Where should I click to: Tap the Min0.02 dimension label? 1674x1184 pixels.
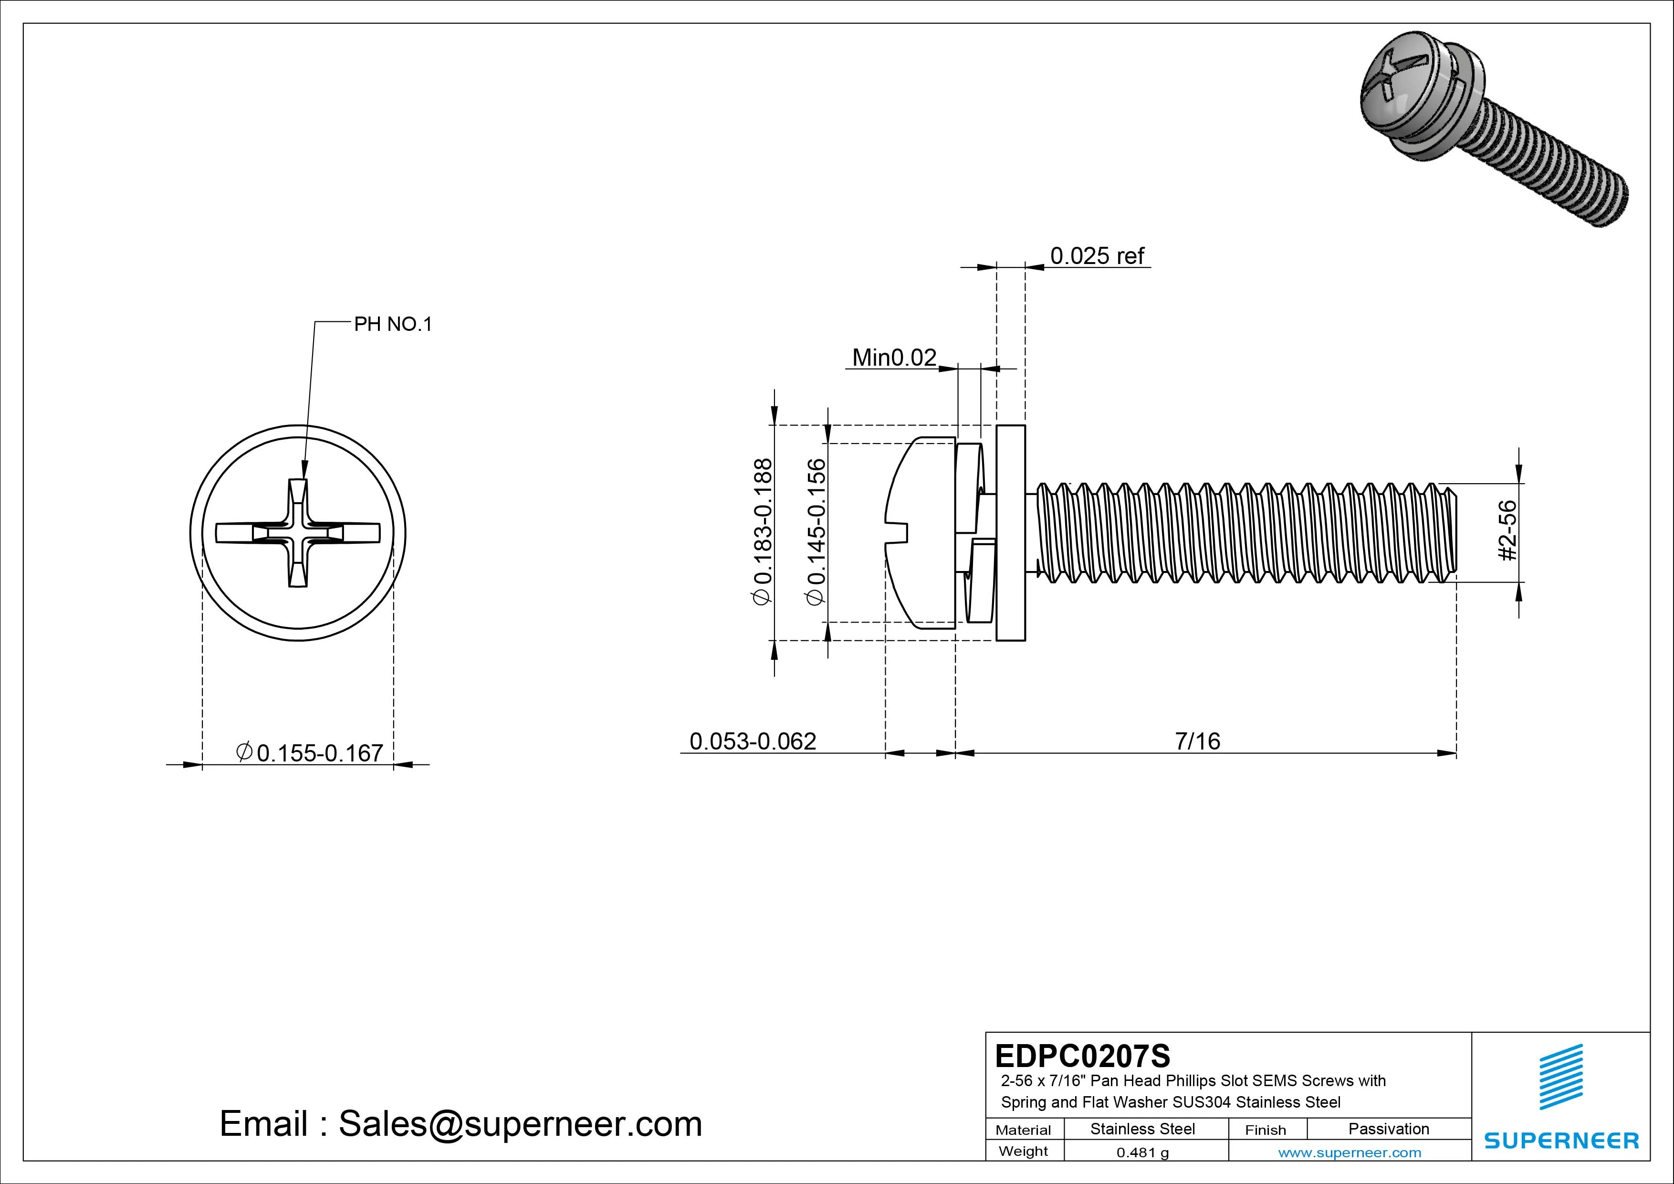894,358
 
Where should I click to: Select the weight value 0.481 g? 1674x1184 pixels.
1142,1152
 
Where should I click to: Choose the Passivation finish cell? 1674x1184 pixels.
1388,1129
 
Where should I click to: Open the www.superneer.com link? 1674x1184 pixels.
1350,1152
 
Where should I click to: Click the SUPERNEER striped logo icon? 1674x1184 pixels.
1560,1077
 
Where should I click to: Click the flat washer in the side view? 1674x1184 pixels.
1011,533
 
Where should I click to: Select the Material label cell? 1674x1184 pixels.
1023,1130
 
